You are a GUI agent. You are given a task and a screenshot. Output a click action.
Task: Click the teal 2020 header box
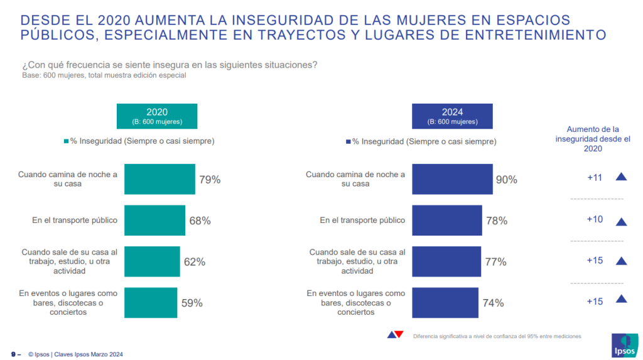pyautogui.click(x=157, y=116)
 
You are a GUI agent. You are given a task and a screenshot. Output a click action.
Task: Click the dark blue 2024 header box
pyautogui.click(x=452, y=116)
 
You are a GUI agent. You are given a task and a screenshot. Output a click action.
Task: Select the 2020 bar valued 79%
pyautogui.click(x=159, y=179)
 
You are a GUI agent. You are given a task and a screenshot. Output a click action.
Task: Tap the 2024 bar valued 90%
pyautogui.click(x=452, y=179)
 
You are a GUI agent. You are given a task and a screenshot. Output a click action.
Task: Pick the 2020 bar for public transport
pyautogui.click(x=154, y=221)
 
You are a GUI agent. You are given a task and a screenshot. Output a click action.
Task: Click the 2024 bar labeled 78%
pyautogui.click(x=447, y=221)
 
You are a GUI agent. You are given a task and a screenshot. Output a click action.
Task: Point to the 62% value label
pyautogui.click(x=194, y=262)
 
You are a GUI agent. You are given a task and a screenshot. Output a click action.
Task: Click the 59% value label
pyautogui.click(x=192, y=303)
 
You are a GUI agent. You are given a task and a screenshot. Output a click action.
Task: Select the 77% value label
pyautogui.click(x=495, y=262)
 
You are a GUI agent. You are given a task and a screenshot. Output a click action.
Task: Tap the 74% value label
pyautogui.click(x=493, y=303)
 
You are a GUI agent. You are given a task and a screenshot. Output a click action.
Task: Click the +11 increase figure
pyautogui.click(x=594, y=178)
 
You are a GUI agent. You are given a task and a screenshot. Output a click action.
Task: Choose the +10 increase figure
pyautogui.click(x=594, y=219)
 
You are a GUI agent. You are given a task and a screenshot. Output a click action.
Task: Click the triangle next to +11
pyautogui.click(x=622, y=177)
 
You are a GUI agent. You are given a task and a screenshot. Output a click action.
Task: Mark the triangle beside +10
pyautogui.click(x=622, y=221)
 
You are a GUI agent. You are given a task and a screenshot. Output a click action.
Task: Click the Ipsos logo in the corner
pyautogui.click(x=624, y=345)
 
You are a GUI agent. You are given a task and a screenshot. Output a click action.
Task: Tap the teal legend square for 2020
pyautogui.click(x=67, y=141)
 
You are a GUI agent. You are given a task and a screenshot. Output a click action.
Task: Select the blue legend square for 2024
pyautogui.click(x=348, y=142)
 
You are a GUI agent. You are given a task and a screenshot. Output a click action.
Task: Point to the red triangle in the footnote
pyautogui.click(x=399, y=334)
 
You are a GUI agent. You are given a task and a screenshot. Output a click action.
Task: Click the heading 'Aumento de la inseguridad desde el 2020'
pyautogui.click(x=593, y=138)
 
